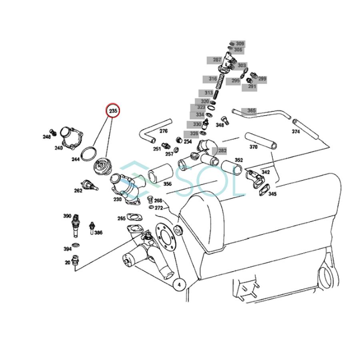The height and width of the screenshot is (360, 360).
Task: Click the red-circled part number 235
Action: tap(113, 111)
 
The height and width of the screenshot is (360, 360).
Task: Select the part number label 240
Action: tap(59, 148)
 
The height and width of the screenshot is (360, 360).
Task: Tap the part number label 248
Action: tap(47, 137)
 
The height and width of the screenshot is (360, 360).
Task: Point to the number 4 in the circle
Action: tap(179, 284)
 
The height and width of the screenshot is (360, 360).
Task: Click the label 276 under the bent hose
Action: tap(164, 131)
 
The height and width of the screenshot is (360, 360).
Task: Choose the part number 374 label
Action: tap(296, 131)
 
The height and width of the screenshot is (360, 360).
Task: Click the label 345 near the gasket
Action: tap(272, 194)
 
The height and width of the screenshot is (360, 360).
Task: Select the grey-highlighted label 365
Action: tap(251, 110)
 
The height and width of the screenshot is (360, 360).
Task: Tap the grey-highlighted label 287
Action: tap(217, 60)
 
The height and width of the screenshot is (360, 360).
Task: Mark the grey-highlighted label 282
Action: tap(222, 150)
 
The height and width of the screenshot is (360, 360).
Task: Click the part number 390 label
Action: tap(67, 216)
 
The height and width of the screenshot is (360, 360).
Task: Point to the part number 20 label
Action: tap(68, 262)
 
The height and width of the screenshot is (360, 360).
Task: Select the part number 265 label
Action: tap(121, 218)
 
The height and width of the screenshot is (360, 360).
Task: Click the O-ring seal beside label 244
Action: tap(89, 153)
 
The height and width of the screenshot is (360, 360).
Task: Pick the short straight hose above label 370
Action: tap(260, 140)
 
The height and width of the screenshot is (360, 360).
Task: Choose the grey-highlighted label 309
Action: tap(240, 43)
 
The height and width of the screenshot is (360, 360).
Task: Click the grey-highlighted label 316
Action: tap(213, 79)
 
